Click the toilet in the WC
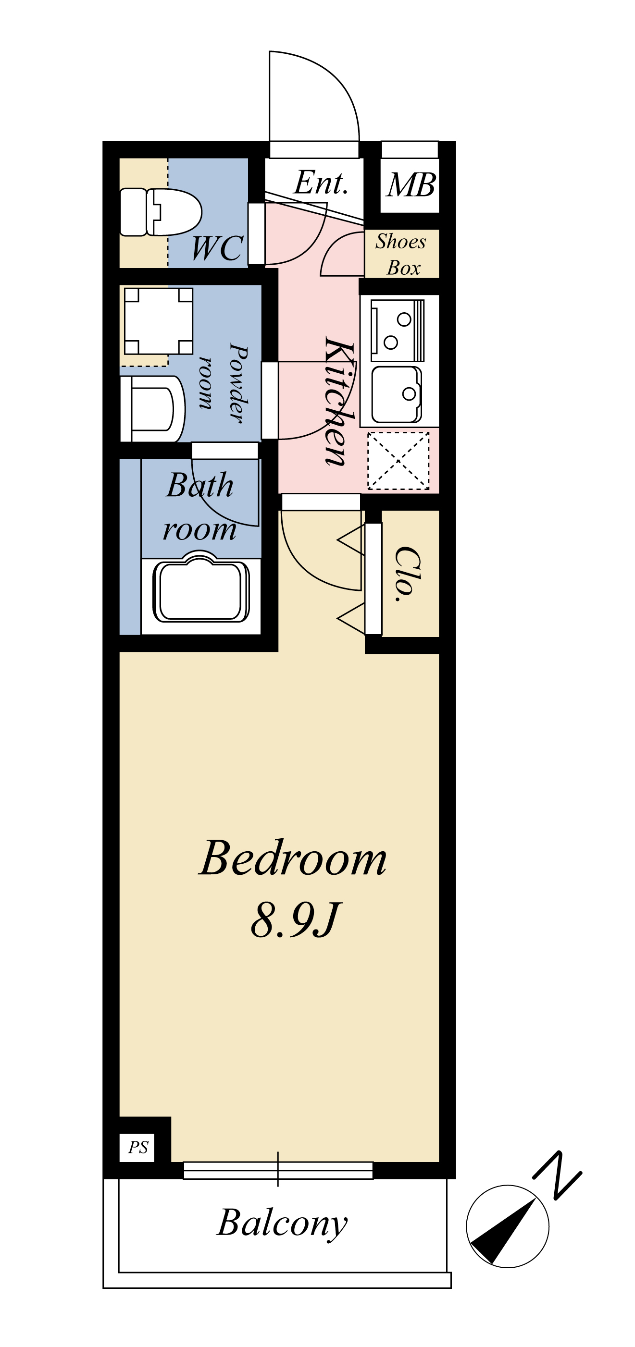pos(161,212)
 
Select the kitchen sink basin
pos(397,394)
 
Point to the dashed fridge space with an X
pos(398,461)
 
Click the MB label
pos(411,184)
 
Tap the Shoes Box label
pos(401,255)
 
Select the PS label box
pos(137,1147)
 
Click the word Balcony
pos(283,1224)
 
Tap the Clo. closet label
pos(408,574)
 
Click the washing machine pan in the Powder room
pos(159,320)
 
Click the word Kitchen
pos(339,401)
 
